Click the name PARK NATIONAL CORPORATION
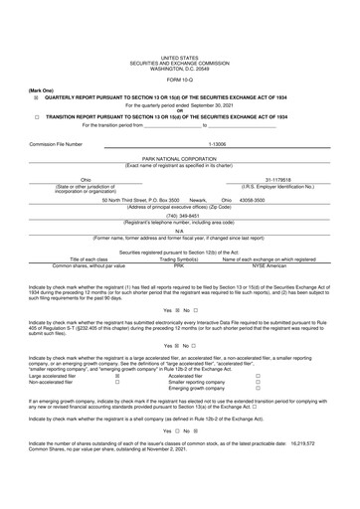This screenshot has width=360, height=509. pos(179,157)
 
